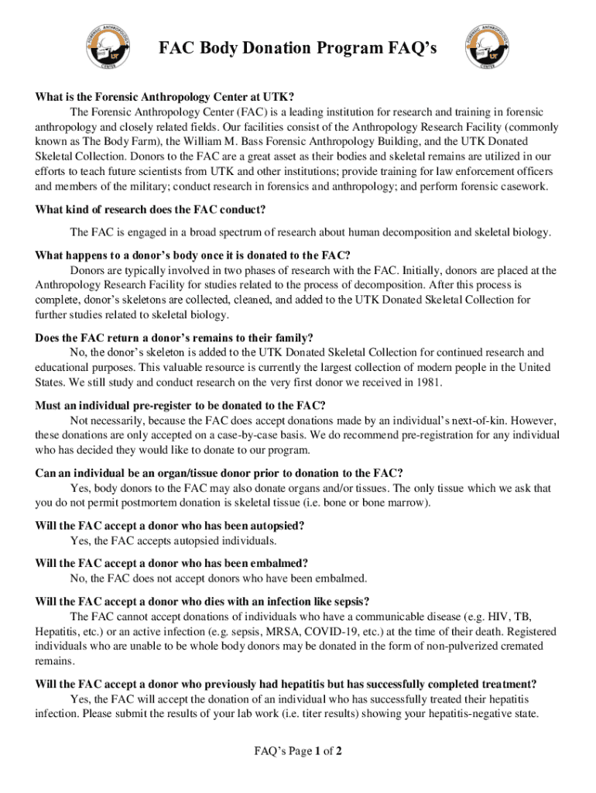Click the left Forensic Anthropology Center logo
click(x=108, y=46)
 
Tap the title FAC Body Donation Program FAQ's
click(x=298, y=50)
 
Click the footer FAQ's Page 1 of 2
click(x=298, y=750)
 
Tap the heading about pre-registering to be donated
click(x=180, y=405)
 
